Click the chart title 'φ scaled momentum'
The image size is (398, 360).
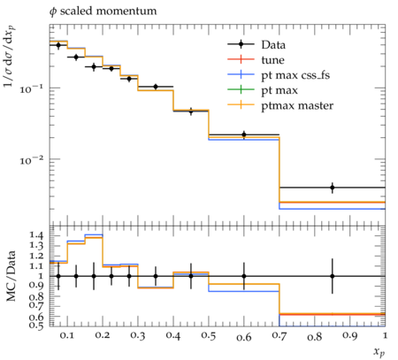pyautogui.click(x=103, y=11)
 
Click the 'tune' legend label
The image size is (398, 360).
pyautogui.click(x=272, y=60)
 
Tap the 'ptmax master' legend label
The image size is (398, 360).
pyautogui.click(x=297, y=105)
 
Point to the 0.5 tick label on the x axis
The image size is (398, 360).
pyautogui.click(x=209, y=336)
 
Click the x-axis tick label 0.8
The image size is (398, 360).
pyautogui.click(x=314, y=336)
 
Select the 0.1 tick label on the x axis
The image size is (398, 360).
pyautogui.click(x=67, y=336)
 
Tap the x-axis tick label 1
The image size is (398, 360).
pyautogui.click(x=385, y=335)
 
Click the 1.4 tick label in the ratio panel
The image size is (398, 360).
pyautogui.click(x=36, y=235)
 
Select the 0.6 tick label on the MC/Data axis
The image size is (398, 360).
pyautogui.click(x=36, y=317)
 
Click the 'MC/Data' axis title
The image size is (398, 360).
pyautogui.click(x=11, y=276)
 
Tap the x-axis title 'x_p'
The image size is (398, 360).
pyautogui.click(x=379, y=352)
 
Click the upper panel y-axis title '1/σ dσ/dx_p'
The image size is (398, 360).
pyautogui.click(x=10, y=56)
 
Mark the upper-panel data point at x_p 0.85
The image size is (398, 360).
pyautogui.click(x=333, y=188)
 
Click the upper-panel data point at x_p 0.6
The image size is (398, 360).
pyautogui.click(x=244, y=134)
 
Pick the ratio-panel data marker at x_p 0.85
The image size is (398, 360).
pyautogui.click(x=333, y=276)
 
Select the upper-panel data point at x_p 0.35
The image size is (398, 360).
pyautogui.click(x=156, y=87)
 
